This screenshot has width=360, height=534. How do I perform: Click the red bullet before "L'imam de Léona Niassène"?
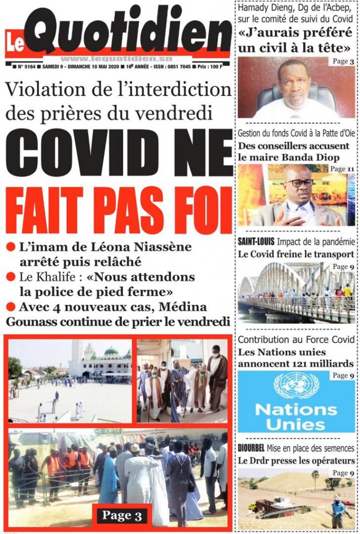[x=10, y=247]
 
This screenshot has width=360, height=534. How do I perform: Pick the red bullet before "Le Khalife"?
[x=10, y=277]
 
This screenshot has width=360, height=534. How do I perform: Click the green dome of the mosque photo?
[x=111, y=351]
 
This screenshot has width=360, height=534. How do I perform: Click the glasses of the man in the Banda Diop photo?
[x=301, y=183]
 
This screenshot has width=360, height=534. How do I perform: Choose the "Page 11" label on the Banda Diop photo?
[x=341, y=169]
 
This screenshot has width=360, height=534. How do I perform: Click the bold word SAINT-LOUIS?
[x=256, y=241]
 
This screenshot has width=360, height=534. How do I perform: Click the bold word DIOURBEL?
[x=255, y=448]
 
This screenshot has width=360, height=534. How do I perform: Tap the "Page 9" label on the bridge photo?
[x=343, y=267]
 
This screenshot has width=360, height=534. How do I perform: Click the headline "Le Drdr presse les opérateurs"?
[x=296, y=460]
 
